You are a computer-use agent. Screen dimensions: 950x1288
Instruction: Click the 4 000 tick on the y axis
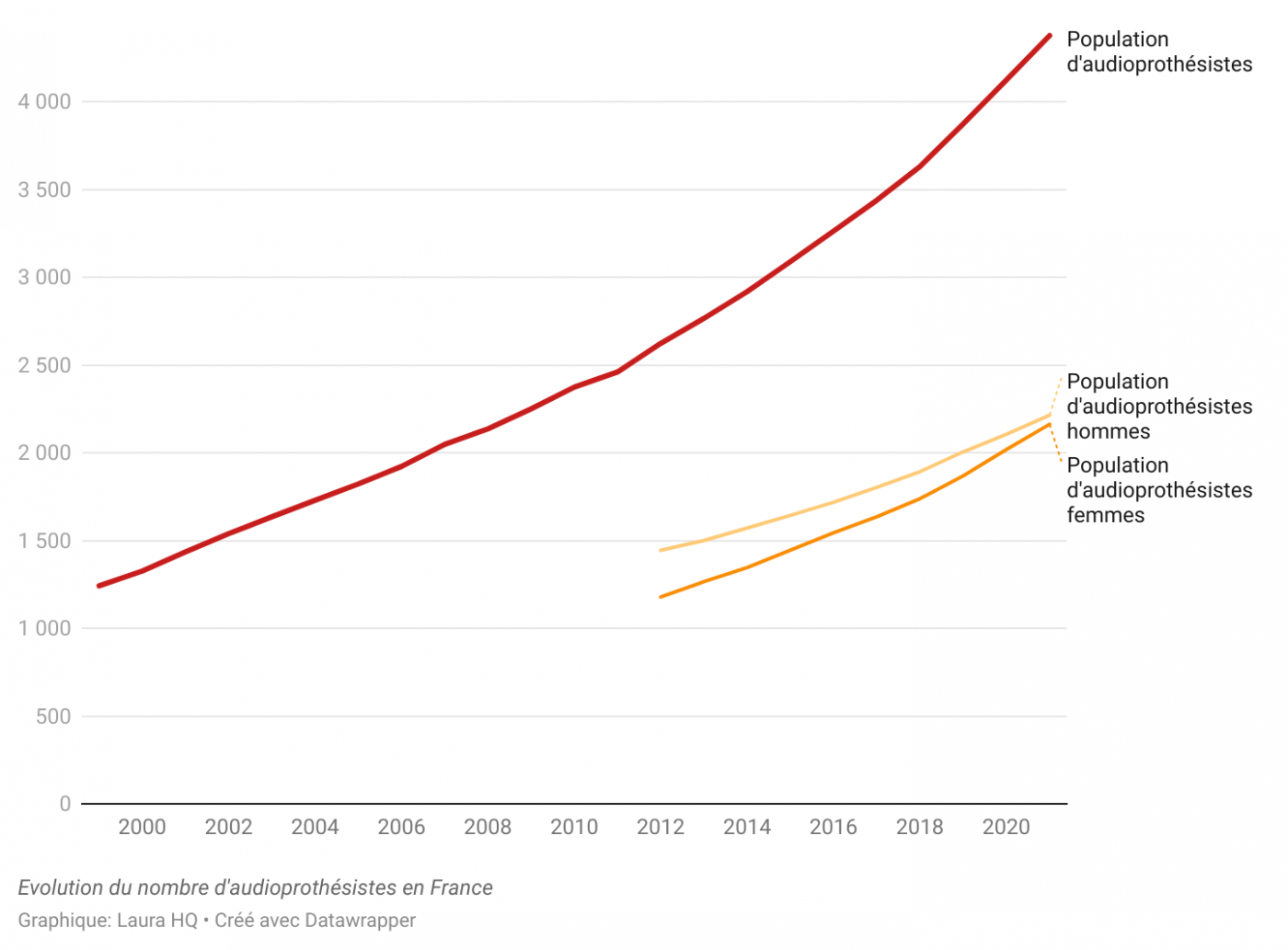[x=44, y=102]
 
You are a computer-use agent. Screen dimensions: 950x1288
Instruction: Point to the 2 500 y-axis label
[x=44, y=365]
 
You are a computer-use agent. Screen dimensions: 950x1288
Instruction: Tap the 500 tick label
[x=53, y=716]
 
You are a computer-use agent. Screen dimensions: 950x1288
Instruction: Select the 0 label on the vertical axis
[x=64, y=804]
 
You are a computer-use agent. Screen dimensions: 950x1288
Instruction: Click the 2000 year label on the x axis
[x=142, y=827]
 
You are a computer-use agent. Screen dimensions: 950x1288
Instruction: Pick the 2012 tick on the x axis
[x=661, y=827]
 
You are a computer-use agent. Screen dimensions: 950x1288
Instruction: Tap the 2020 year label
[x=1006, y=827]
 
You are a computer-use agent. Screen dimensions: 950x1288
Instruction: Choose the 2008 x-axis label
[x=488, y=827]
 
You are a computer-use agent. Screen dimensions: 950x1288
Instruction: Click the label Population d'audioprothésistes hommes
[x=1158, y=406]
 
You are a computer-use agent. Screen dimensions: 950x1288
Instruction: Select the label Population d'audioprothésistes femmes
[x=1158, y=490]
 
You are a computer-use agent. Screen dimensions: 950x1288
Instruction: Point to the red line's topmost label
[x=1158, y=52]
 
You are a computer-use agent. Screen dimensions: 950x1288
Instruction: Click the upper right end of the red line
[x=1049, y=36]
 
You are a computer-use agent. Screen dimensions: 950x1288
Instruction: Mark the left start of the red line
[x=99, y=586]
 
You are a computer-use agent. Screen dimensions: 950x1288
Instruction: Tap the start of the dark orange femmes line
[x=661, y=597]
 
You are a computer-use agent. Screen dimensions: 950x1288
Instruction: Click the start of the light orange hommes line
[x=661, y=550]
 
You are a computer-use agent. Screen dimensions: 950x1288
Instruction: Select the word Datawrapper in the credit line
[x=360, y=921]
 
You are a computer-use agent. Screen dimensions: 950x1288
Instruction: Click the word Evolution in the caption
[x=59, y=887]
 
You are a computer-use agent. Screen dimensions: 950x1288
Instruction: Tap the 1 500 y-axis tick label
[x=44, y=541]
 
